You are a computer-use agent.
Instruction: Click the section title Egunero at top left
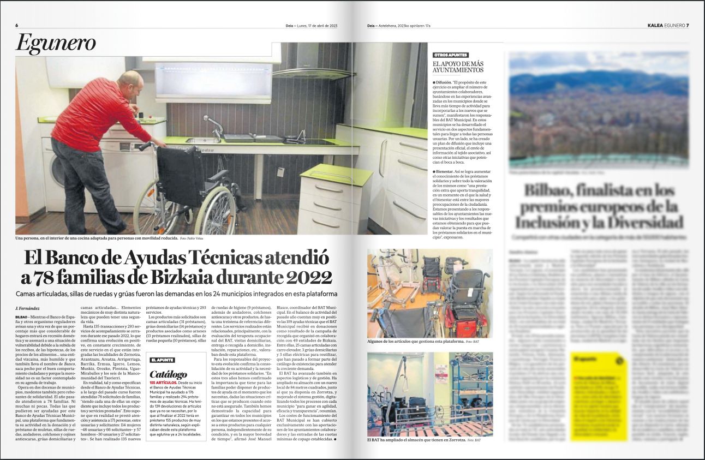tap(56, 43)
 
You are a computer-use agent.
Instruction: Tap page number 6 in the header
tap(17, 26)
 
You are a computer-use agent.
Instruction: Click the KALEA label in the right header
tap(655, 26)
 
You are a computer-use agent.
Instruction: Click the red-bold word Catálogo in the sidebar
tap(168, 375)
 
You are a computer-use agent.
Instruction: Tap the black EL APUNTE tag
tap(162, 360)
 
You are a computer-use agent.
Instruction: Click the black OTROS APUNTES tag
tap(450, 55)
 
